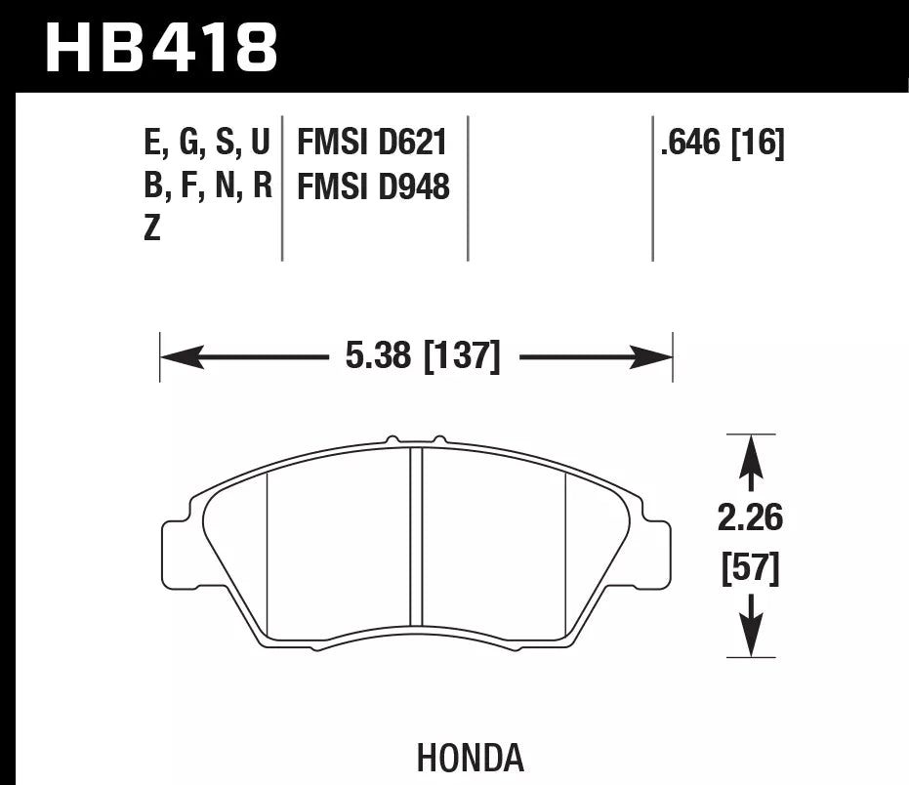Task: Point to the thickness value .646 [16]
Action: click(x=723, y=144)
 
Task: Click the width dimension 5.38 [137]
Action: click(x=422, y=357)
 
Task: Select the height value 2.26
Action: click(x=750, y=518)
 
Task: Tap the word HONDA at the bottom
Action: click(x=470, y=759)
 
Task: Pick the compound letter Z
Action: click(x=151, y=231)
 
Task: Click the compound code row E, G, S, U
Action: click(x=206, y=144)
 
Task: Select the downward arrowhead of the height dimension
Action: click(x=750, y=640)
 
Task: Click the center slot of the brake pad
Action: click(x=416, y=537)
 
